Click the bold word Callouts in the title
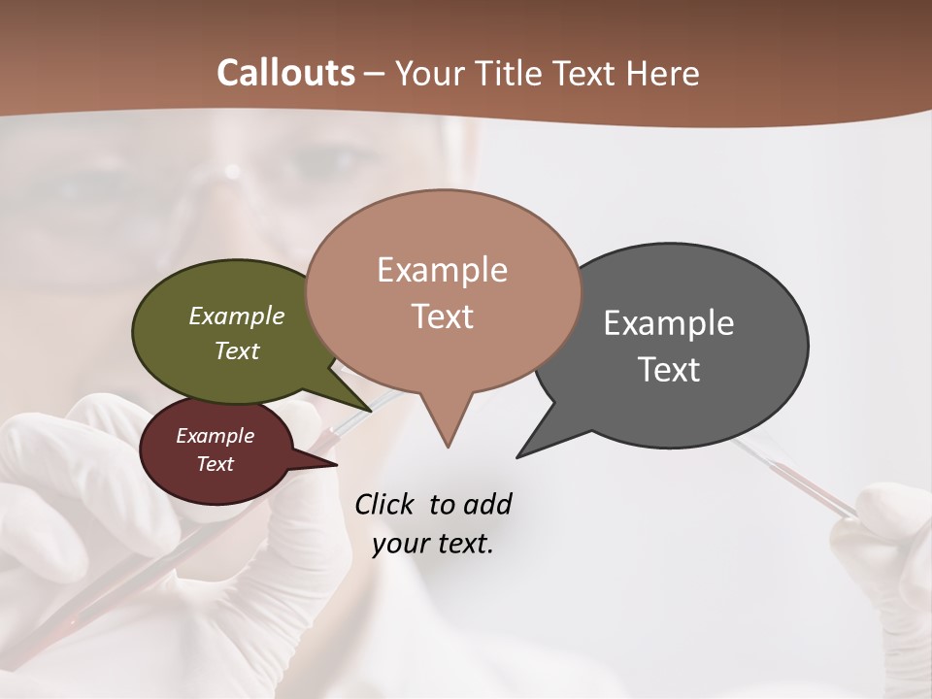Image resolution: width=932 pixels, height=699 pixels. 285,73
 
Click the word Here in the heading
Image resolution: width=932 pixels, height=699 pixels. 662,73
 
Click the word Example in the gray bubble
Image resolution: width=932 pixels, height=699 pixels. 669,323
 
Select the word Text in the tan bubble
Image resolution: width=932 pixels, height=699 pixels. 443,316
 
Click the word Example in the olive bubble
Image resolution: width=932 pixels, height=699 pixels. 237,316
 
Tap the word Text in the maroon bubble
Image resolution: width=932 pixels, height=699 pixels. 216,464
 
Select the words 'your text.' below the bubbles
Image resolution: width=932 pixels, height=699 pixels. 433,544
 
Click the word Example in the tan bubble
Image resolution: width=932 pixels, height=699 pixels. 443,270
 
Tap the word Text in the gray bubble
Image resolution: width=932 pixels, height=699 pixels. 670,370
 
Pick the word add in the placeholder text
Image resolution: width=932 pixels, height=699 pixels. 487,504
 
